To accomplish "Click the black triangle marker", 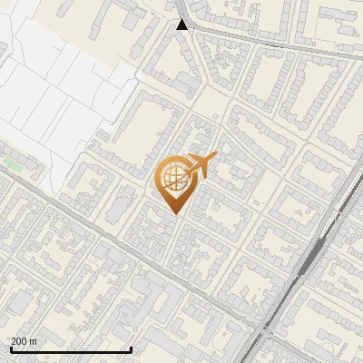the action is pos(182,25).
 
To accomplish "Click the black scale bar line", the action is pos(71,349).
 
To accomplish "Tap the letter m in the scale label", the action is pos(34,341).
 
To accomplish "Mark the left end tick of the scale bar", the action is pos(10,348).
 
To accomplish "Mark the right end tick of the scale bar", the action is pos(132,348).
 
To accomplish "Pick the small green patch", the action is pos(12,163).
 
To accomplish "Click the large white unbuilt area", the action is pos(54,82).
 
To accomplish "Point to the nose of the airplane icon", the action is pos(214,159).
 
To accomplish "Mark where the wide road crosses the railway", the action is pos(263,327).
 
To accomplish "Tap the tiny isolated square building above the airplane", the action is pos(215,116).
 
